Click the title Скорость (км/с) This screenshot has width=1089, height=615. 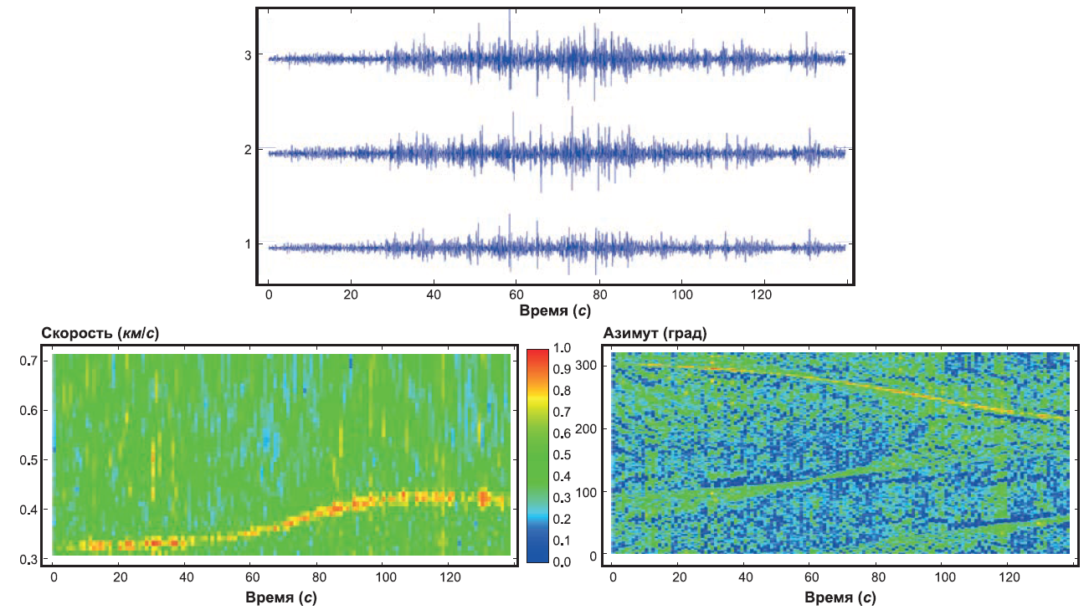(100, 334)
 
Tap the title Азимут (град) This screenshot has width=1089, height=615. (655, 334)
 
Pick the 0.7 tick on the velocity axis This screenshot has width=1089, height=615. (28, 361)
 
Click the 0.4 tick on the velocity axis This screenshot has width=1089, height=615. (28, 510)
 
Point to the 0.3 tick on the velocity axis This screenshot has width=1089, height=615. (28, 560)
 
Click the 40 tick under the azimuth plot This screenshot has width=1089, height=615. (745, 577)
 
